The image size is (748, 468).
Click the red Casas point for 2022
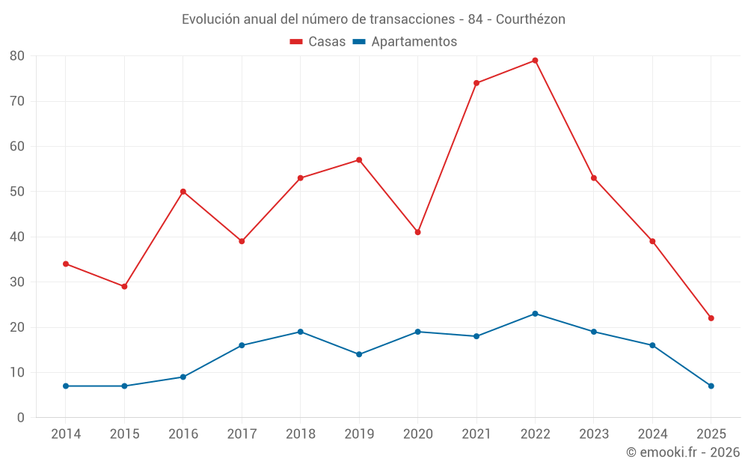pyautogui.click(x=535, y=61)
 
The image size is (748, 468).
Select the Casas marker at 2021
pyautogui.click(x=476, y=83)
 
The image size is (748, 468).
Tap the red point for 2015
pyautogui.click(x=124, y=287)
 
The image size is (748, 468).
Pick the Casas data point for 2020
pyautogui.click(x=418, y=232)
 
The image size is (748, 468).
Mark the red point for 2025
pyautogui.click(x=711, y=318)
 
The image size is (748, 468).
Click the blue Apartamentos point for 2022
pyautogui.click(x=535, y=314)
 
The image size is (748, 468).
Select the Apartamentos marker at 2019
pyautogui.click(x=359, y=354)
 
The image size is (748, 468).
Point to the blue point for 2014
pyautogui.click(x=66, y=386)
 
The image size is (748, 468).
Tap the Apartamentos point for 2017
pyautogui.click(x=242, y=345)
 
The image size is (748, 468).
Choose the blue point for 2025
pyautogui.click(x=711, y=386)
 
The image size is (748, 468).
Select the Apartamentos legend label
pyautogui.click(x=414, y=42)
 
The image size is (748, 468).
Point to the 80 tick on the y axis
pyautogui.click(x=17, y=56)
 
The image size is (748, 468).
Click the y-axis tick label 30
pyautogui.click(x=17, y=282)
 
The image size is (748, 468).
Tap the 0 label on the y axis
pyautogui.click(x=21, y=418)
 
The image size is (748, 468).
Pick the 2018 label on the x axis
pyautogui.click(x=300, y=434)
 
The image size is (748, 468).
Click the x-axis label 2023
pyautogui.click(x=594, y=434)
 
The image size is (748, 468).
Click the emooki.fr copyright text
pyautogui.click(x=683, y=452)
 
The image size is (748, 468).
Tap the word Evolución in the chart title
pyautogui.click(x=211, y=19)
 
